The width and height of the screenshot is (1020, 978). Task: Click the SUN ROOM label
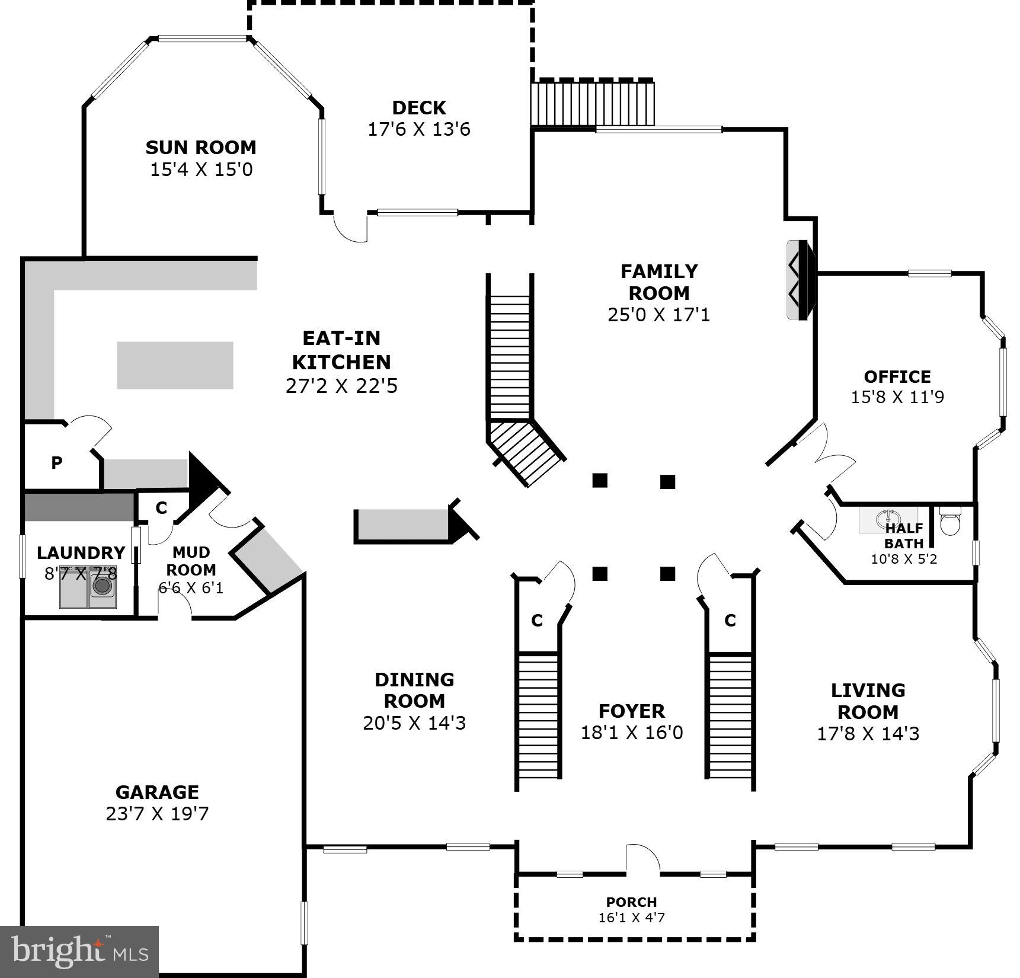point(201,147)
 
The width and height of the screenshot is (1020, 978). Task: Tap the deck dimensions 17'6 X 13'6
point(419,129)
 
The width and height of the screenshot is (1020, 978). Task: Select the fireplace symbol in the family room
point(800,280)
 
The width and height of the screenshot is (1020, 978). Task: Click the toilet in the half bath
point(949,522)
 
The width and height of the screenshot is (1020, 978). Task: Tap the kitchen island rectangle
point(175,365)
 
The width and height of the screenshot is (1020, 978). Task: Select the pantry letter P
point(57,463)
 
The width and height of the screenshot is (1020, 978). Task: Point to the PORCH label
point(631,902)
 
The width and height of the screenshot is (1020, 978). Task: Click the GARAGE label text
point(157,792)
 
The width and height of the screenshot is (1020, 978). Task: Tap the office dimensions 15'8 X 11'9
point(897,397)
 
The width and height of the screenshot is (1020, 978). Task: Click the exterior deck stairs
point(592,103)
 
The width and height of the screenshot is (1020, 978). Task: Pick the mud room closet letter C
point(161,508)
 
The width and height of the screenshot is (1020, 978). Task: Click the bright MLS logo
point(79,951)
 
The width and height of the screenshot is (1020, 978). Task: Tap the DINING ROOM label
point(414,690)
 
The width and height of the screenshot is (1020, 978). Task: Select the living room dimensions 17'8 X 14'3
point(868,734)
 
